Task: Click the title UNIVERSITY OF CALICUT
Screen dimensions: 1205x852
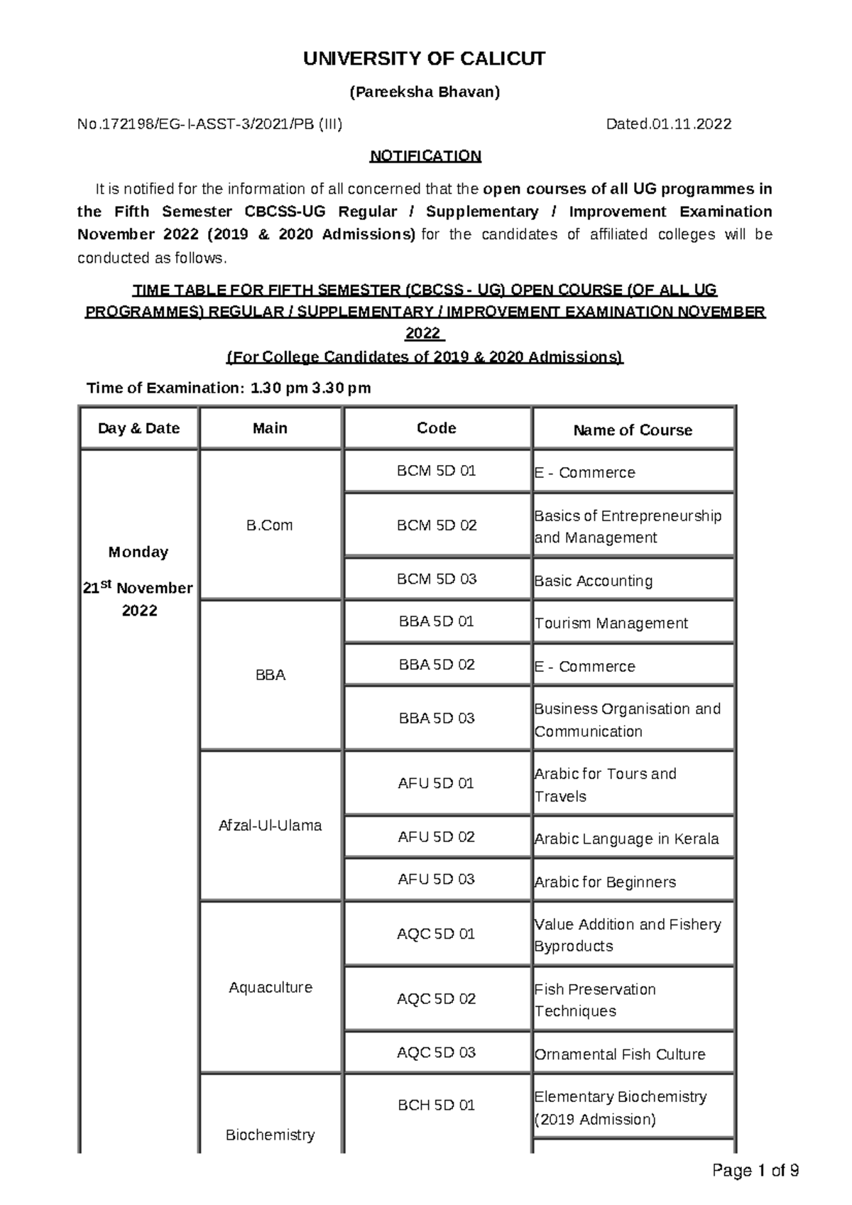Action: pos(425,59)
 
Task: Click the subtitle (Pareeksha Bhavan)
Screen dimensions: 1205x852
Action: pos(425,92)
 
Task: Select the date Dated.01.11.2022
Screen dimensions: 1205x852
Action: pos(668,124)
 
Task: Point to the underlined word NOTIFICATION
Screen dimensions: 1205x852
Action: pos(425,156)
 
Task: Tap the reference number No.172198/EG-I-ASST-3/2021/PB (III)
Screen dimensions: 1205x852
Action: pos(209,124)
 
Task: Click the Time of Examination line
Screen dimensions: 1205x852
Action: pos(228,388)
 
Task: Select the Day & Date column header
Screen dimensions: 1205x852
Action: pos(138,428)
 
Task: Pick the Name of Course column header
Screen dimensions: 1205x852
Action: pos(632,430)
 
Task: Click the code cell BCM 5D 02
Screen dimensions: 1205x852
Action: pos(436,525)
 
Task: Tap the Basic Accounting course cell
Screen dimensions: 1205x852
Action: pos(593,581)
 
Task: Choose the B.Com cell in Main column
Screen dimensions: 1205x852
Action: pos(269,525)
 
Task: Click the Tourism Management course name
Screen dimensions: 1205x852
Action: pos(611,623)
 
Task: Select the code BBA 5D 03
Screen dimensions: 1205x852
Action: pos(436,719)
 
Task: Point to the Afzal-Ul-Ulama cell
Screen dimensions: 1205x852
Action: pos(270,826)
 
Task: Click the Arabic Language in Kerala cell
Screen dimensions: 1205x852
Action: pos(626,839)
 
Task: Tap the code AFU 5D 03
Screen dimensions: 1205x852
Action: pos(436,880)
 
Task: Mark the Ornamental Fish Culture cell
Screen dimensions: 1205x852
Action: pos(619,1054)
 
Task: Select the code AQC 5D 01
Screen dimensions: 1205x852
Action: pos(436,934)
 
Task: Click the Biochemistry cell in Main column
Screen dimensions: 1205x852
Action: pos(270,1135)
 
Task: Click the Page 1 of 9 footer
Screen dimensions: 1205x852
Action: pos(755,1171)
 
